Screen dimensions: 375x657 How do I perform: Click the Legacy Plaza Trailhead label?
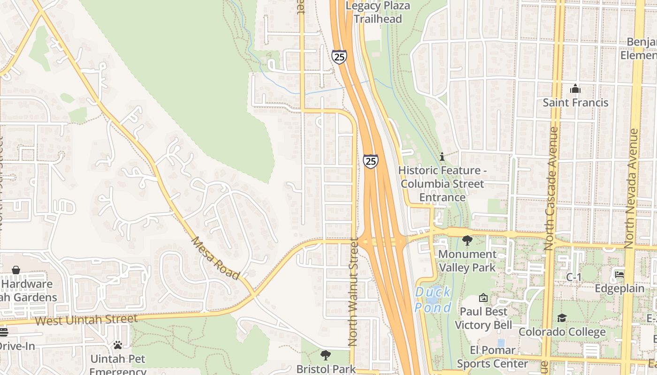coord(378,13)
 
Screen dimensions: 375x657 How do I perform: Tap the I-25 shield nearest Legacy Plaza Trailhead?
coord(339,57)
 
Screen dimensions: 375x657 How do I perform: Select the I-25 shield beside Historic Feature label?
coord(370,161)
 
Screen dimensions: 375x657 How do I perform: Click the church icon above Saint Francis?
coord(575,89)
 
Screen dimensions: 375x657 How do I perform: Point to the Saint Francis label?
coord(575,102)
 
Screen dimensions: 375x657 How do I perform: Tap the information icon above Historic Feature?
coord(441,157)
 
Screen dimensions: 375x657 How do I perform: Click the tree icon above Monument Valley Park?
coord(467,240)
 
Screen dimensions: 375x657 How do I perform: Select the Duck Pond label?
coord(433,300)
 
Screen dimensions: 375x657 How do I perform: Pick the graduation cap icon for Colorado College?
coord(562,318)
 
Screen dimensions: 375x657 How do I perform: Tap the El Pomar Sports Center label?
coord(492,357)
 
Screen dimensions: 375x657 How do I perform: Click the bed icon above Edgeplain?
coord(619,275)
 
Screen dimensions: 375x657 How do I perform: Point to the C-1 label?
coord(573,277)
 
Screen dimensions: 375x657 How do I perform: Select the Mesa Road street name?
coord(215,258)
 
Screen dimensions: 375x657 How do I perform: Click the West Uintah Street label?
coord(86,320)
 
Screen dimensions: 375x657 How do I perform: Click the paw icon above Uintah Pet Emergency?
coord(117,345)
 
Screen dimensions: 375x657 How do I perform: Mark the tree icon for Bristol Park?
coord(325,355)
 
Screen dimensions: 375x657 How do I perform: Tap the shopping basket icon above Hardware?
coord(16,270)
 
